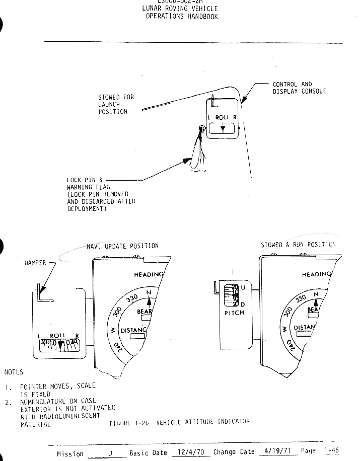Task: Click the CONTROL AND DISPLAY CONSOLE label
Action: [x=299, y=88]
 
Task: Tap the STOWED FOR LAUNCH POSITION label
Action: [x=116, y=104]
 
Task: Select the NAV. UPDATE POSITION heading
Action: [x=122, y=246]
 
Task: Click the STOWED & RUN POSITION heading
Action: [x=298, y=245]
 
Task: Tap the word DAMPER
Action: [x=35, y=263]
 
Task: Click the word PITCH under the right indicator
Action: [x=234, y=313]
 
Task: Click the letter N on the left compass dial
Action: [x=149, y=293]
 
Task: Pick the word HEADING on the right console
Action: [x=317, y=274]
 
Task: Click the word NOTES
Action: [x=14, y=372]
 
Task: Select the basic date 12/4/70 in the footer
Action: [x=191, y=452]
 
